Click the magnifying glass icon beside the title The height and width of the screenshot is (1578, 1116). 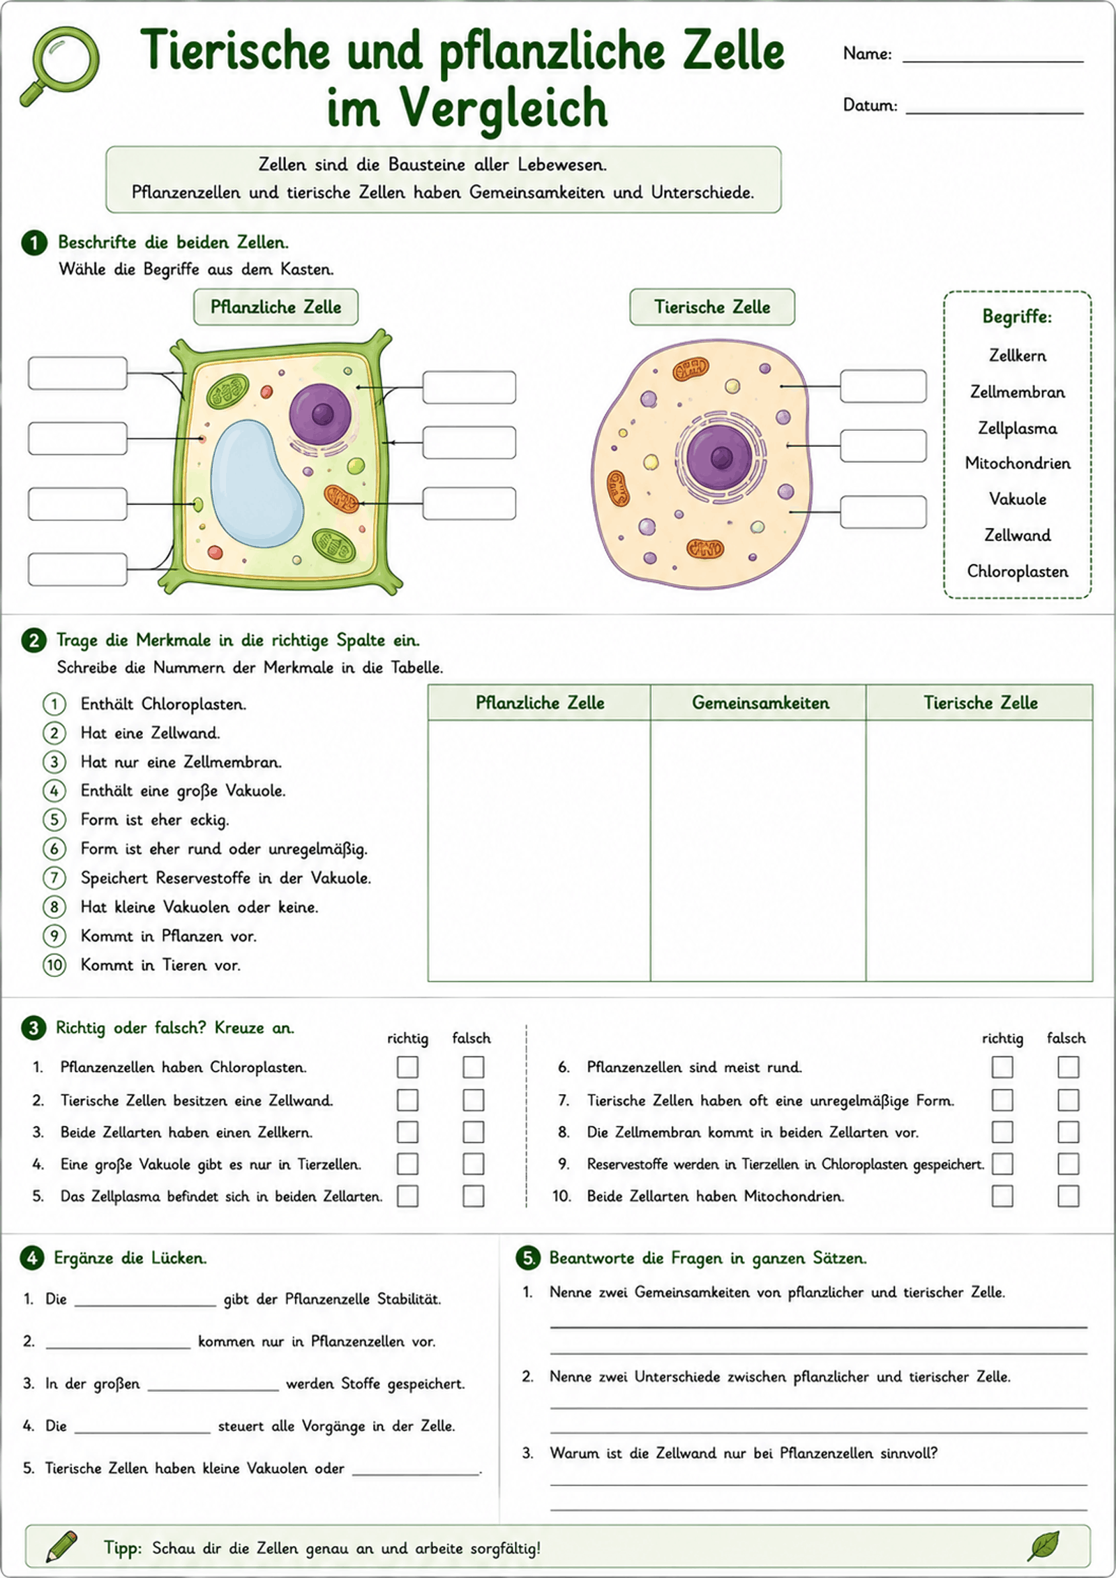coord(60,66)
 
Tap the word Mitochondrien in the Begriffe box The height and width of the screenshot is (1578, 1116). coord(1018,463)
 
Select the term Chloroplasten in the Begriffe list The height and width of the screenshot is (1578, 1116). coord(1018,572)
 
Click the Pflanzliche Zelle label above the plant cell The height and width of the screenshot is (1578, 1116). coord(276,308)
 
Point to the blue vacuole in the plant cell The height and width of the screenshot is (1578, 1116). coord(257,483)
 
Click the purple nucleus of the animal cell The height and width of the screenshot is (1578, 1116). coord(719,457)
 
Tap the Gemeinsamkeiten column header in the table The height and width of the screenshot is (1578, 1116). coord(760,703)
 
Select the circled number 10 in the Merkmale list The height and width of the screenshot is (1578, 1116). coord(54,965)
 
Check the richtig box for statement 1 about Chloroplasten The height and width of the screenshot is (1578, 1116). coord(407,1067)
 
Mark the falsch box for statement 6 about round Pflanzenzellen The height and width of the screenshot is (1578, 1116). coord(1068,1067)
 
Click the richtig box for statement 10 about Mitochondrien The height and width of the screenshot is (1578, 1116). coord(1002,1196)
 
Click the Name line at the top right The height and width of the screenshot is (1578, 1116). coord(993,62)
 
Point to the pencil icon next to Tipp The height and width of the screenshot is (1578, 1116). coord(61,1547)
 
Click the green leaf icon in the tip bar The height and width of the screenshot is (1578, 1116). coord(1043,1545)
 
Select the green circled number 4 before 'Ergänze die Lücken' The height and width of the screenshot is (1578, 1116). coord(32,1258)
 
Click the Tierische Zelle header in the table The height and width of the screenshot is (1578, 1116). coord(980,703)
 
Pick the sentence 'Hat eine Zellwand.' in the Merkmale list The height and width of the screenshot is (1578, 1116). coord(150,733)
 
